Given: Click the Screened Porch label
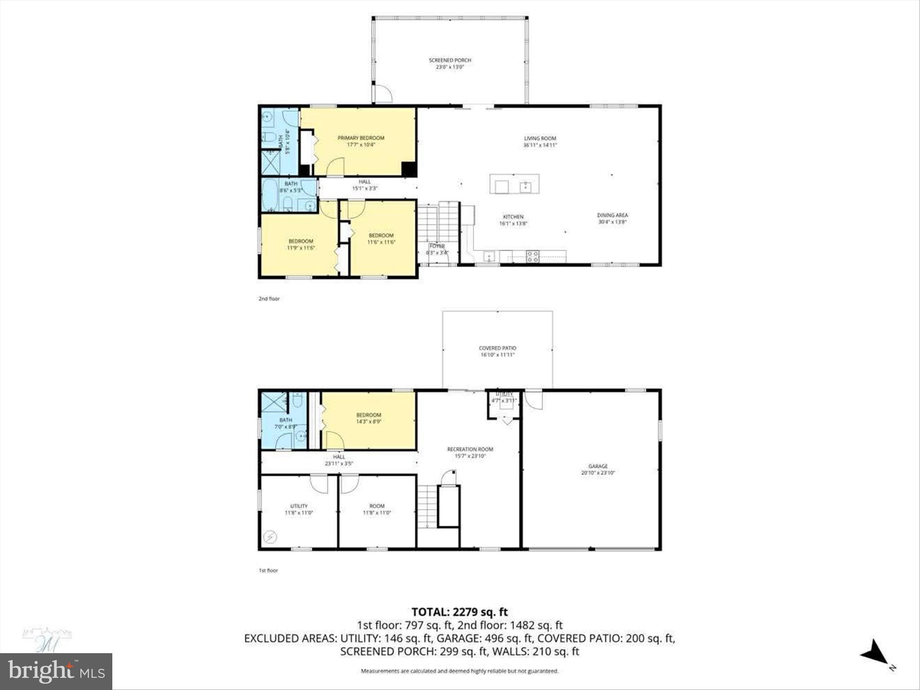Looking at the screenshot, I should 450,60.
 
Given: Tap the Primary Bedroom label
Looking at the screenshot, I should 361,138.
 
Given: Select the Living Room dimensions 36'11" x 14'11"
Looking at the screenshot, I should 540,145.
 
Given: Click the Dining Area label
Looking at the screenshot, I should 612,215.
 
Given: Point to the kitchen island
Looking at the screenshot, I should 514,184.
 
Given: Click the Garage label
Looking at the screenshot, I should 598,466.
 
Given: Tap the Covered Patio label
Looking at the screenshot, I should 497,348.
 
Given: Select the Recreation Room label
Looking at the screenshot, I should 470,449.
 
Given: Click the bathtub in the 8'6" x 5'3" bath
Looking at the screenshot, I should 271,195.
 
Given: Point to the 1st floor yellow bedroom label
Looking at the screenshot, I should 368,415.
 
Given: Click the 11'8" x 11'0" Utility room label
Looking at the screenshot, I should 299,506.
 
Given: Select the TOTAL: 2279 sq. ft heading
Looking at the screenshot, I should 460,612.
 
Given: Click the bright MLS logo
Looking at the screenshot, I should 56,671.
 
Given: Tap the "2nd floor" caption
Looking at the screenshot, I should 269,299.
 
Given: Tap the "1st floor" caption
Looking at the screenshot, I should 268,571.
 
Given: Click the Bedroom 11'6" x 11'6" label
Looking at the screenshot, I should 381,235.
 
